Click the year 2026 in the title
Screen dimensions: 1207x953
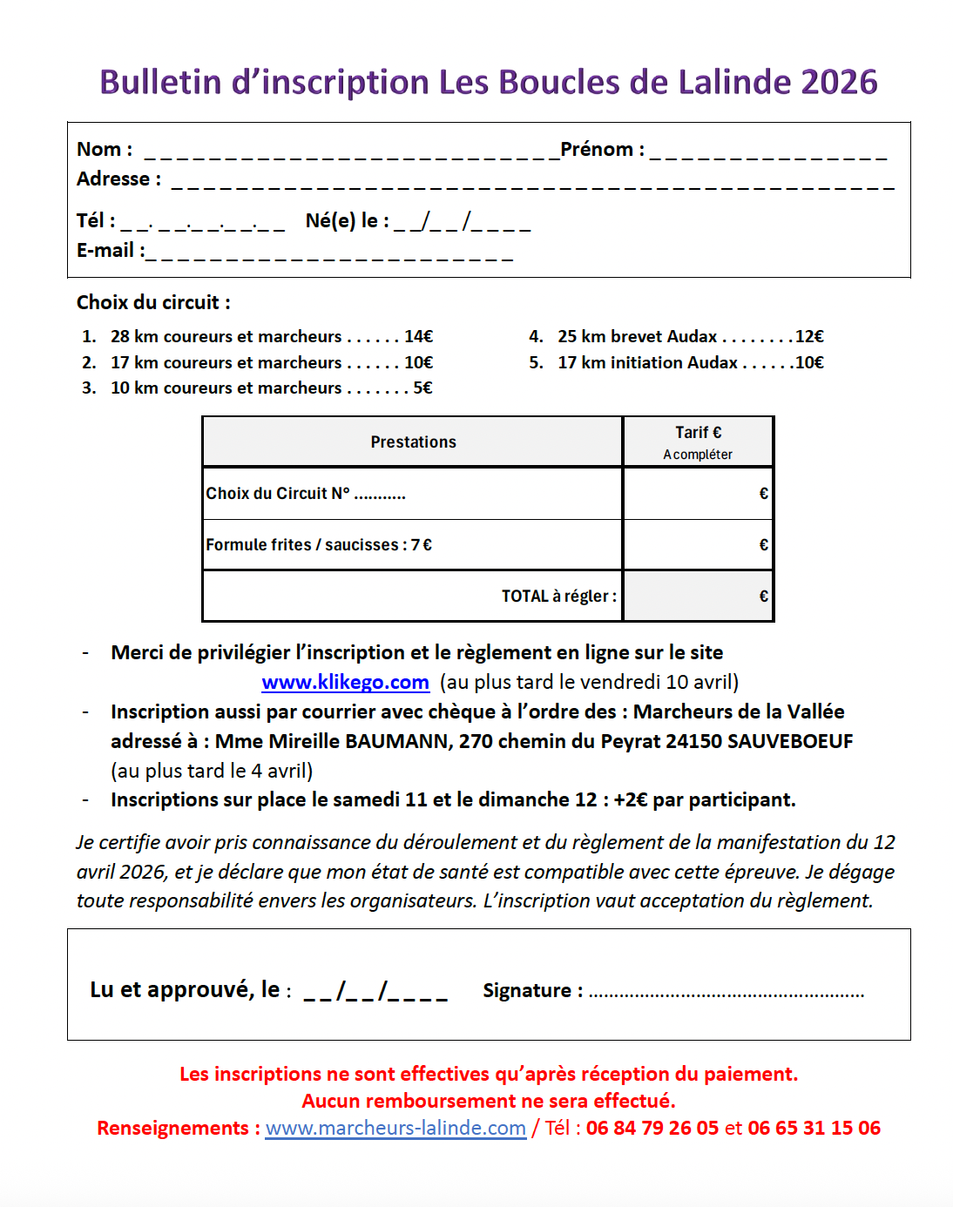(x=839, y=83)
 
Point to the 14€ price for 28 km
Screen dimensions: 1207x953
(x=418, y=337)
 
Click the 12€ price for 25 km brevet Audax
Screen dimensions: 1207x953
(x=809, y=337)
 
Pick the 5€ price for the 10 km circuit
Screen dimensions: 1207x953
(x=422, y=388)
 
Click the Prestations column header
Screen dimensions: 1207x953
(x=413, y=442)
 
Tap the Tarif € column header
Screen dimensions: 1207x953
(x=698, y=433)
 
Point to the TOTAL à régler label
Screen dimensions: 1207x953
(x=558, y=597)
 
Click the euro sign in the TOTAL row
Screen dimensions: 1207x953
(x=763, y=597)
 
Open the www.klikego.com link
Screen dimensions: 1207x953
(x=345, y=683)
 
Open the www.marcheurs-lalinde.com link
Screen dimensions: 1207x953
(x=395, y=1129)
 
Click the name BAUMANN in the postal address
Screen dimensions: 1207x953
(x=397, y=742)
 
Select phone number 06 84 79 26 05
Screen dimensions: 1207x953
(x=652, y=1129)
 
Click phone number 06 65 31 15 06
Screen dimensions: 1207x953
(x=814, y=1129)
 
